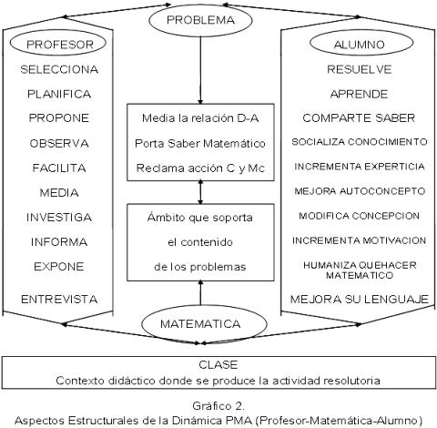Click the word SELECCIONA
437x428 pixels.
(59, 69)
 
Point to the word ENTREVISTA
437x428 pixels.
(59, 300)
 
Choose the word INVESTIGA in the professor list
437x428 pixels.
(59, 218)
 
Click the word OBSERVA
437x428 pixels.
(59, 143)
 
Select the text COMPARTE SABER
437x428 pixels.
(359, 118)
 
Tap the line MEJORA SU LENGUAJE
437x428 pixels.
(360, 300)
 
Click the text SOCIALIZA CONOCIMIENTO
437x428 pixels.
(360, 142)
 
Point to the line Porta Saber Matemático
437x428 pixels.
(200, 143)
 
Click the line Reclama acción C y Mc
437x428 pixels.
(200, 168)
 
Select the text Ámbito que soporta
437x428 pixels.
(200, 218)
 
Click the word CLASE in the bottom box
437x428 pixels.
(218, 364)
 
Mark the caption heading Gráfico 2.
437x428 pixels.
(218, 406)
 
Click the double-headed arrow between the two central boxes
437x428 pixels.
(200, 192)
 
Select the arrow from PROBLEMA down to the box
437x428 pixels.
(200, 70)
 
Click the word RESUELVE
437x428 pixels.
(360, 69)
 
